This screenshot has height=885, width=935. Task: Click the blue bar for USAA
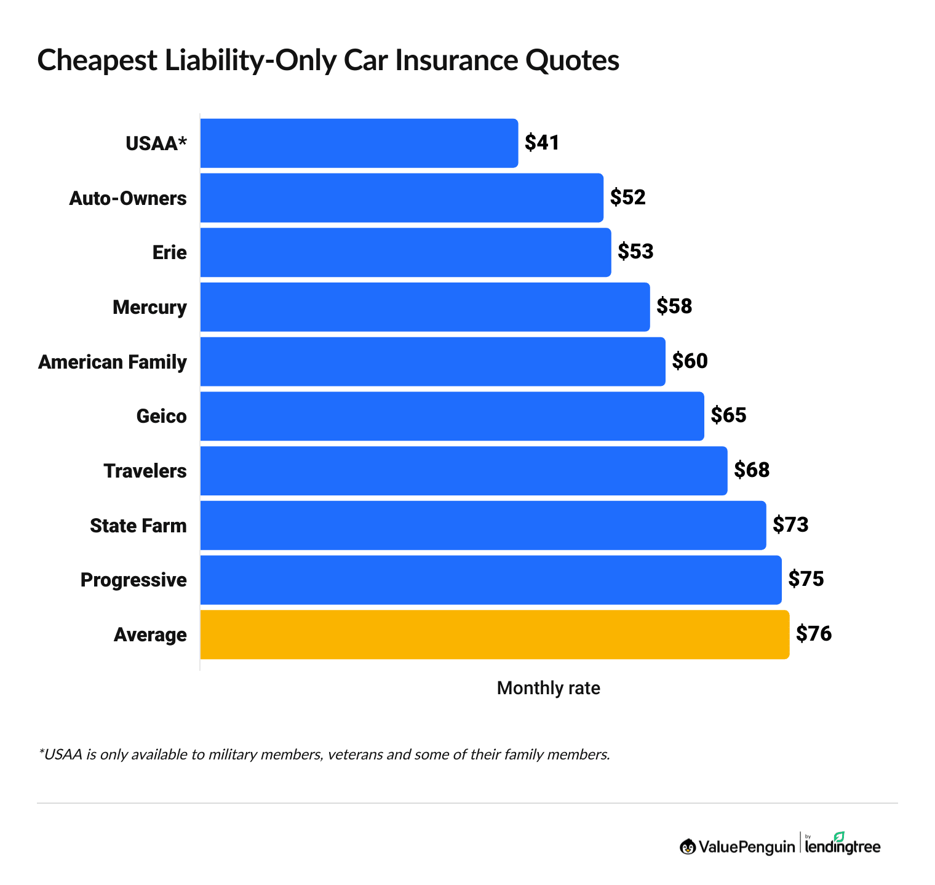pos(359,143)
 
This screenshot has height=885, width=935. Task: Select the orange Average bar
pos(495,635)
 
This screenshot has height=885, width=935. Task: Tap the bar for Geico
pos(452,416)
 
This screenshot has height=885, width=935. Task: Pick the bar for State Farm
pos(483,525)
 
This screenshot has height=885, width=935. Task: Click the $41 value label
pos(542,143)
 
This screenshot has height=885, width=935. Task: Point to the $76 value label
pos(814,634)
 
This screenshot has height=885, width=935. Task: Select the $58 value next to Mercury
pos(674,306)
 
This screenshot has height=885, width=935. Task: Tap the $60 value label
pos(690,361)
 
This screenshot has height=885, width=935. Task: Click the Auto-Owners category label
pos(128,198)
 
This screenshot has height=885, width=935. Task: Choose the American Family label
pos(113,362)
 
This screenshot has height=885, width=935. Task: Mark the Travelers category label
pos(145,471)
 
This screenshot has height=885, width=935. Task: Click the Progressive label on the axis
pos(133,580)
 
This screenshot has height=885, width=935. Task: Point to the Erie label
pos(170,252)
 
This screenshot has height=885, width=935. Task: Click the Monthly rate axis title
pos(548,688)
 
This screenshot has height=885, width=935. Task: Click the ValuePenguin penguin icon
pos(688,847)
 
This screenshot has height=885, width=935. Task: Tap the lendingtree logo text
pos(843,847)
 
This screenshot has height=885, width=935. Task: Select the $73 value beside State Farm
pos(790,524)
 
